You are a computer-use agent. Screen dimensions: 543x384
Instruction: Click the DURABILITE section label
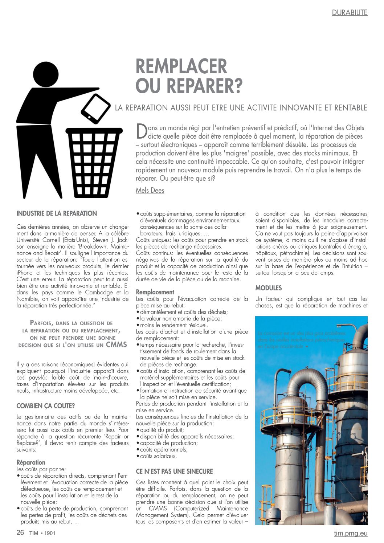point(350,13)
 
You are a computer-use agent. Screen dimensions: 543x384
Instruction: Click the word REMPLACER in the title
point(181,66)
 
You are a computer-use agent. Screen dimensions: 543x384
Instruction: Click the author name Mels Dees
point(150,190)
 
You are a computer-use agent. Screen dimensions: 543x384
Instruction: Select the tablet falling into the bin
point(95,108)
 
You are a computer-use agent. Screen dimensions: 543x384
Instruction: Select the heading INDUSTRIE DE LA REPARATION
point(57,213)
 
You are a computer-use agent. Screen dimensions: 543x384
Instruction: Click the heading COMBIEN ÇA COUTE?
point(45,406)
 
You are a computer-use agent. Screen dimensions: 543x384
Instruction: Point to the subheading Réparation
point(31,462)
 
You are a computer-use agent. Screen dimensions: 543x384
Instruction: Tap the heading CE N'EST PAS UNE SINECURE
point(174,471)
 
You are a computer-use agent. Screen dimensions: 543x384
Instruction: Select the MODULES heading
point(268,288)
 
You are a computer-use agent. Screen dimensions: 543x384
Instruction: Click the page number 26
point(20,532)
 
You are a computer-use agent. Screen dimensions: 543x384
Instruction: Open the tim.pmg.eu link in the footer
point(351,533)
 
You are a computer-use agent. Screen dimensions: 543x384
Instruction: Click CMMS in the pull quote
point(116,344)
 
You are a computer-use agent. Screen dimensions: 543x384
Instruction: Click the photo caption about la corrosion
point(301,340)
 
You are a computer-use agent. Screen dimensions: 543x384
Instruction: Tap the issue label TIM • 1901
point(42,533)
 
